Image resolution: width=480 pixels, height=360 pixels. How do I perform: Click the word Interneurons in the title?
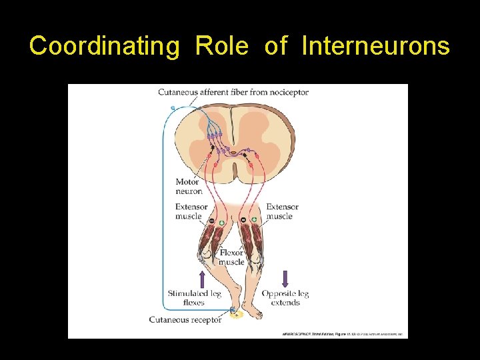pos(375,46)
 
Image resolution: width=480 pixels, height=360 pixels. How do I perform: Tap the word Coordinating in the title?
pos(105,46)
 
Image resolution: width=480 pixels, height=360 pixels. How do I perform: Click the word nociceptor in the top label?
pos(285,92)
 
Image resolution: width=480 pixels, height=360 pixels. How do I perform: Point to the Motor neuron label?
pos(189,186)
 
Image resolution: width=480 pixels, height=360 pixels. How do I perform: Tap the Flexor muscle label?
pos(231,257)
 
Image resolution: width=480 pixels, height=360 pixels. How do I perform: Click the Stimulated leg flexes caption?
pos(194,297)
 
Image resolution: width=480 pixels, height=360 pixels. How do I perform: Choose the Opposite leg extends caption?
pos(285,297)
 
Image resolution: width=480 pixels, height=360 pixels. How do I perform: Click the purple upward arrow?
pos(202,279)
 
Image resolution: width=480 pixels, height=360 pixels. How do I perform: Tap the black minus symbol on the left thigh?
pos(212,221)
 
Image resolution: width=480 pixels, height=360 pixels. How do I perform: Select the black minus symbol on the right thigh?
pos(243,219)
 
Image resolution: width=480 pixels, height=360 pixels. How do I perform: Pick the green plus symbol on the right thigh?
pos(254,219)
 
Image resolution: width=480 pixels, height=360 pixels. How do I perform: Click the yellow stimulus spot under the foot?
pos(235,313)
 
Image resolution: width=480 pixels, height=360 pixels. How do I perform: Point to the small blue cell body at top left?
pos(173,107)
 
